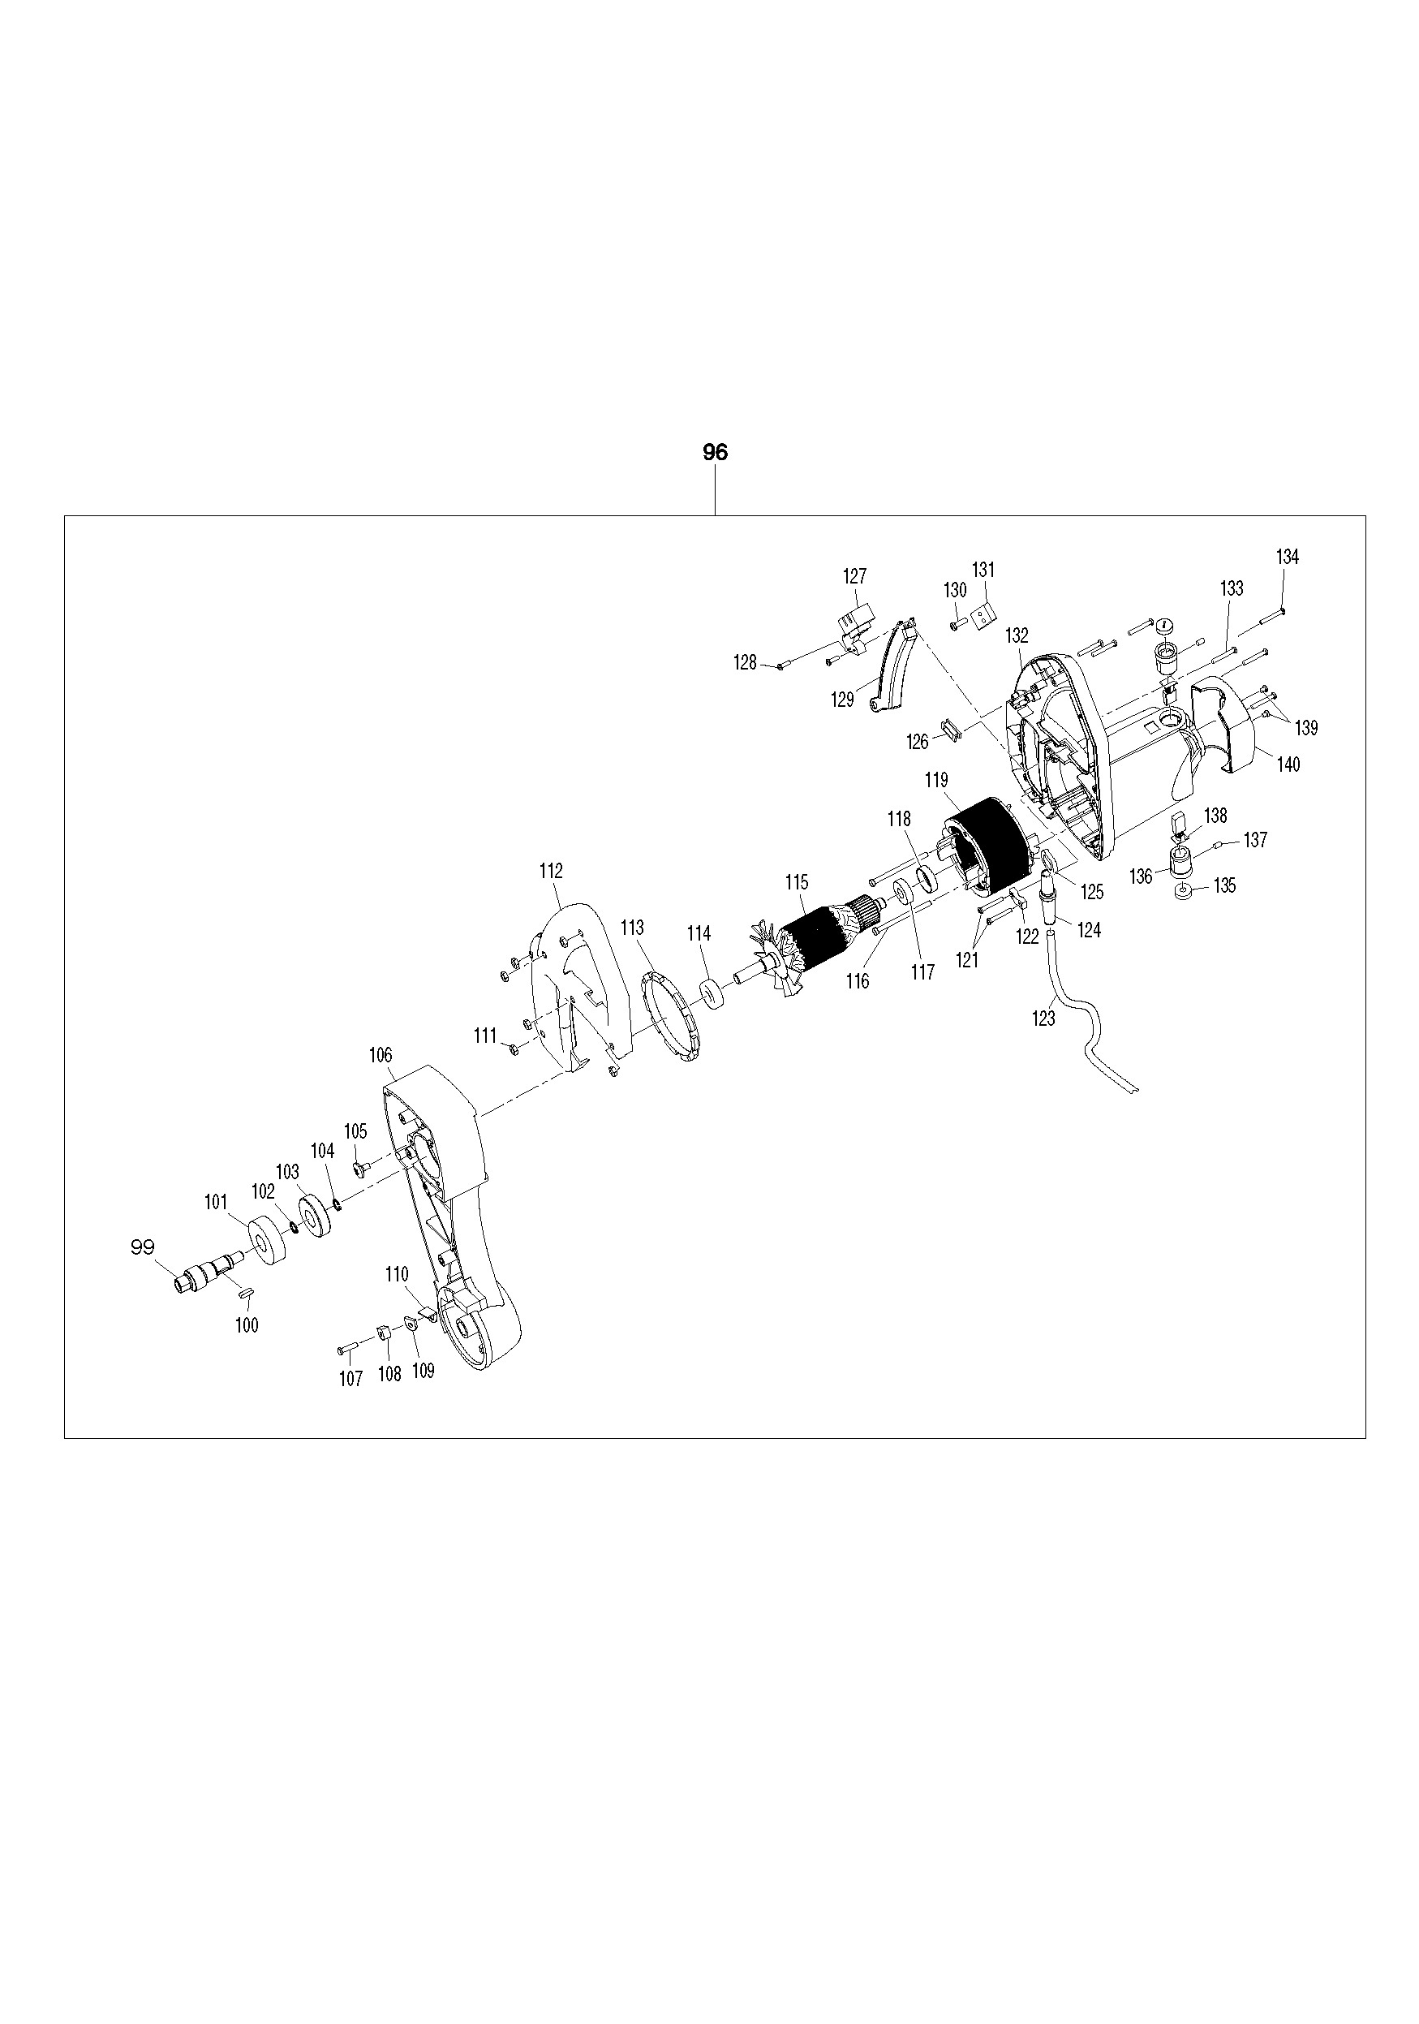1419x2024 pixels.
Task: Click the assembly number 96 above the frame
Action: coord(715,452)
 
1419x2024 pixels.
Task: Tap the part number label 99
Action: coord(142,1247)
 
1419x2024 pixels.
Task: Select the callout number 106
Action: coord(381,1055)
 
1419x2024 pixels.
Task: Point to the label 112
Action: coord(551,871)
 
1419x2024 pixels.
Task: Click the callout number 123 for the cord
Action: coord(1043,1019)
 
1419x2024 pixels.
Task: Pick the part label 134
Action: coord(1287,558)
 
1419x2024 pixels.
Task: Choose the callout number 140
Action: coord(1288,764)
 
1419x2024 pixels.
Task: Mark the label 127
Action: coord(854,576)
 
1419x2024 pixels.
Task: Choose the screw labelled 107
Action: coord(346,1347)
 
